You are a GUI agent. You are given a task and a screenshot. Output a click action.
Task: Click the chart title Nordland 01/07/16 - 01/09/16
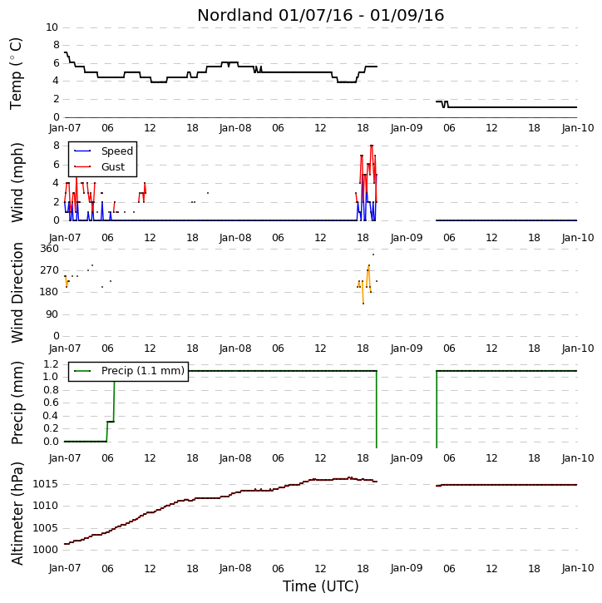pos(321,15)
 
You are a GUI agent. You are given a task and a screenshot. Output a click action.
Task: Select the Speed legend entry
pos(103,151)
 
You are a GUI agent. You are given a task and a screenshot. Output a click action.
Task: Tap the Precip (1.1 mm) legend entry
pos(129,371)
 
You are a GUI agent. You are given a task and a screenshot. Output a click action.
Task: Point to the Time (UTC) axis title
pos(321,586)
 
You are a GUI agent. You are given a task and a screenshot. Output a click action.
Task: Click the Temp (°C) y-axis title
pos(16,73)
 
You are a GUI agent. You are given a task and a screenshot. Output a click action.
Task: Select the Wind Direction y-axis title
pos(17,293)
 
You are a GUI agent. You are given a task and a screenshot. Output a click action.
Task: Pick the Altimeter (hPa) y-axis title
pos(17,513)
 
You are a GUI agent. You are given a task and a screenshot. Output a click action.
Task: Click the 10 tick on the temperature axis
pos(52,27)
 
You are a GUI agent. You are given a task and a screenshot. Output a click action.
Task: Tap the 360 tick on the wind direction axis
pos(50,249)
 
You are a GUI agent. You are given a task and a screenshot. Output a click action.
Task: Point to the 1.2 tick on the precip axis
pos(51,363)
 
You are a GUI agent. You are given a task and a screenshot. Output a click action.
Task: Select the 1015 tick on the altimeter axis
pos(46,484)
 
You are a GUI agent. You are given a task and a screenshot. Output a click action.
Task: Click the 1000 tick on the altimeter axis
pos(46,550)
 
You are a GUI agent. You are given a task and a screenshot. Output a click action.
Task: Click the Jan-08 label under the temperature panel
pos(235,128)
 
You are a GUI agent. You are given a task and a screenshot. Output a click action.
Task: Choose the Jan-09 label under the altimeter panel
pos(407,568)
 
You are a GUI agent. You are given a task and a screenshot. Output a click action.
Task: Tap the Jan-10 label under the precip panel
pos(578,458)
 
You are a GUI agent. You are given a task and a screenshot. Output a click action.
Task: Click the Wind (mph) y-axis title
pos(17,183)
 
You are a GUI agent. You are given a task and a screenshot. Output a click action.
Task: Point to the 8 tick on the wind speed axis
pos(57,146)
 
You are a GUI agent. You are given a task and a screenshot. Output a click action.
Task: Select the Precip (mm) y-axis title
pos(17,403)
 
